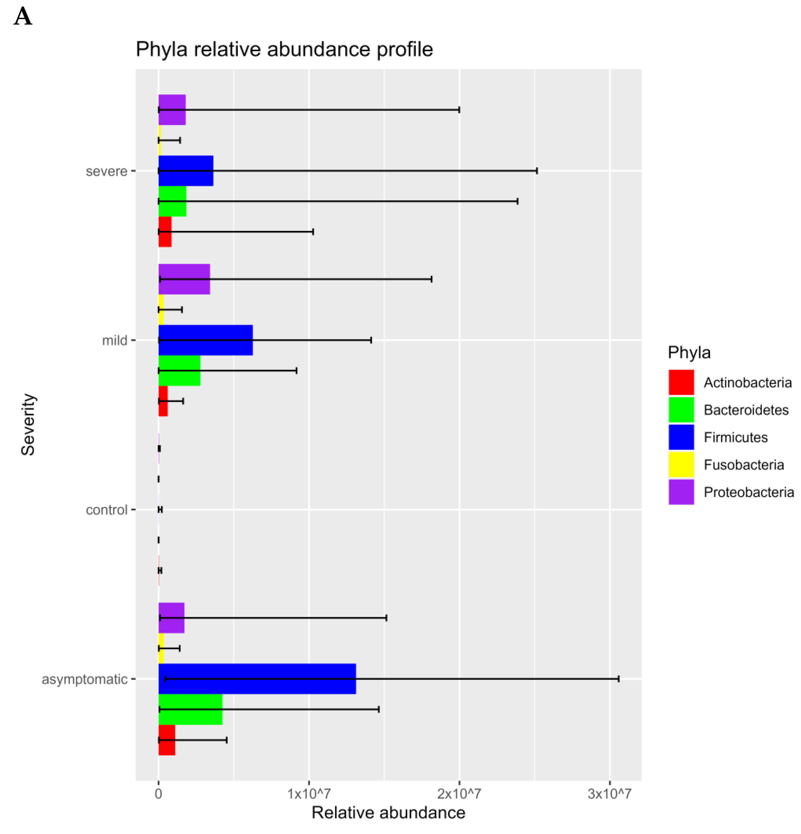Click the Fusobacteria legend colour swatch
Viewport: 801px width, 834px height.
[x=681, y=464]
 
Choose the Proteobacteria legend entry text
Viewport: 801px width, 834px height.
[x=748, y=492]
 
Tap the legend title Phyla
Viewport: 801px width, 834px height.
[x=689, y=352]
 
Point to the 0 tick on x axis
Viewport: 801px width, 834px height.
[x=158, y=793]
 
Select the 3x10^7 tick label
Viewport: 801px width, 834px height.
[x=609, y=793]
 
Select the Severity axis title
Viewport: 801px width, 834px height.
[x=28, y=424]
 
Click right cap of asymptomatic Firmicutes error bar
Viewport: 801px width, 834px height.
[x=618, y=679]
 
